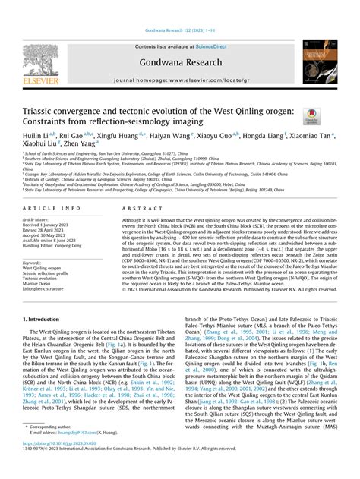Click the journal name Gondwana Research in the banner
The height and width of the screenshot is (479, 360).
181,60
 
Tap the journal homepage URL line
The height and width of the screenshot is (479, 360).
181,80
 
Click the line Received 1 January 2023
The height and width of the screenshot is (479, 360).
49,226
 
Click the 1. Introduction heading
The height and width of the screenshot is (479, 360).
45,320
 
